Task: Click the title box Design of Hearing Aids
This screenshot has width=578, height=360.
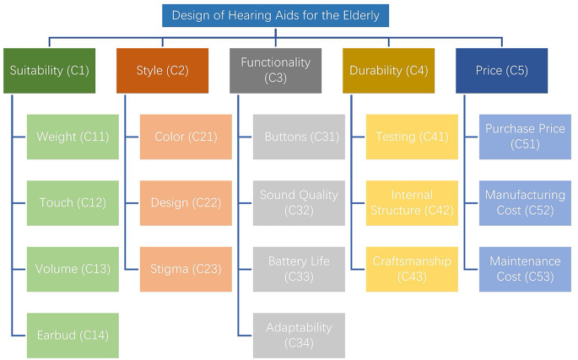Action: pyautogui.click(x=276, y=15)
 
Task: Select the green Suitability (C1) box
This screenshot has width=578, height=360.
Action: pyautogui.click(x=49, y=71)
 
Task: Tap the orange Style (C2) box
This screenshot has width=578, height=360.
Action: pyautogui.click(x=162, y=71)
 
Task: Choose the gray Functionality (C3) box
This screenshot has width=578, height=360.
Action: pyautogui.click(x=275, y=71)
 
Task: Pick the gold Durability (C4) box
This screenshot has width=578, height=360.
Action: pyautogui.click(x=388, y=71)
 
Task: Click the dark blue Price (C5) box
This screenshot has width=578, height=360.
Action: pyautogui.click(x=501, y=71)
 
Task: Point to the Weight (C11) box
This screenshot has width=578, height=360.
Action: pyautogui.click(x=73, y=137)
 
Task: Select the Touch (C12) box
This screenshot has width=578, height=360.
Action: pyautogui.click(x=73, y=203)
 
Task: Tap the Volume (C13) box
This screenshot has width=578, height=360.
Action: pyautogui.click(x=73, y=270)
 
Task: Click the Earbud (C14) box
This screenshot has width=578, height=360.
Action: pyautogui.click(x=73, y=336)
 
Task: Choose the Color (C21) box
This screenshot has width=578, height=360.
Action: pyautogui.click(x=186, y=137)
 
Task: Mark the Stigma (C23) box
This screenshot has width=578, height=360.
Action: pyautogui.click(x=186, y=270)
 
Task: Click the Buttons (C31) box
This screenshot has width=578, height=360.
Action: pyautogui.click(x=299, y=137)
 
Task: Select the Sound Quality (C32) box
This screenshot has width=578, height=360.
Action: pyautogui.click(x=299, y=203)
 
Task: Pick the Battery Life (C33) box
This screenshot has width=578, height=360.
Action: pyautogui.click(x=299, y=270)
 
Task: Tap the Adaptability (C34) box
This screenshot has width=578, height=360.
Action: pyautogui.click(x=299, y=336)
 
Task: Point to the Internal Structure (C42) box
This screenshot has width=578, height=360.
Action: pyautogui.click(x=413, y=203)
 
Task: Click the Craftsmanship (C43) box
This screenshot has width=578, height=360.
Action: pyautogui.click(x=413, y=270)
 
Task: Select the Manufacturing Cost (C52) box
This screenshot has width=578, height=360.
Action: pyautogui.click(x=525, y=203)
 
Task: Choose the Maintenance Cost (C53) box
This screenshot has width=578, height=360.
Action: pyautogui.click(x=525, y=270)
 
